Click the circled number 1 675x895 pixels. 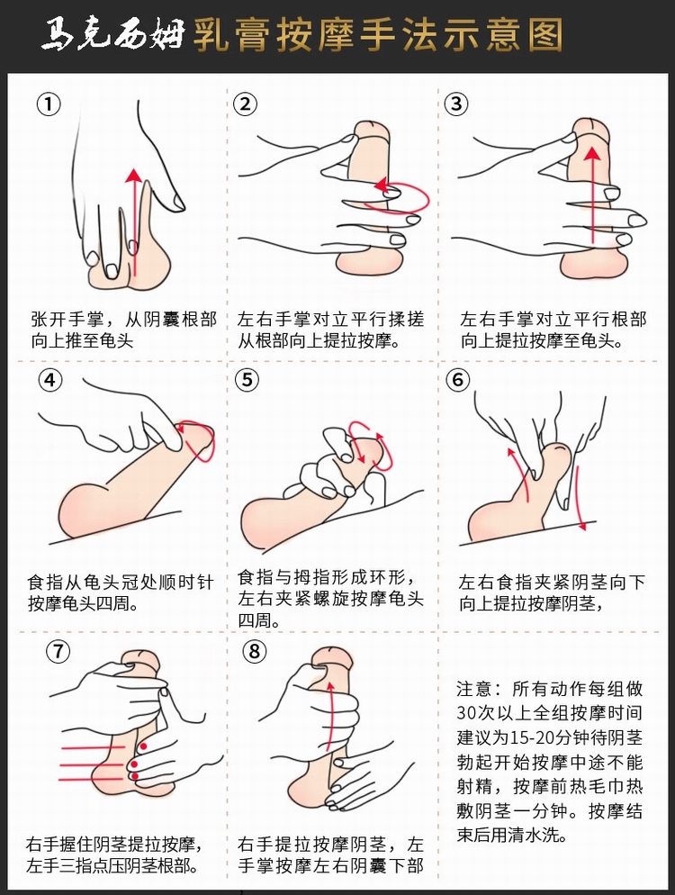[49, 104]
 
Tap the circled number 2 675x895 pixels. [246, 104]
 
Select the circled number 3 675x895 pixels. [456, 104]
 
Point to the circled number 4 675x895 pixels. [50, 380]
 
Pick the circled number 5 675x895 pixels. [247, 380]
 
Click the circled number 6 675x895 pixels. [458, 380]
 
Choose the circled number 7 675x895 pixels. [58, 651]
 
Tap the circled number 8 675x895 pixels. [255, 651]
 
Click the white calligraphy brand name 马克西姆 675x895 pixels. [113, 35]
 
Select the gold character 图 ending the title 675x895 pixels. [544, 35]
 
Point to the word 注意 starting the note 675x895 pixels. [474, 689]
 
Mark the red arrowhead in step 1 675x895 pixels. [134, 176]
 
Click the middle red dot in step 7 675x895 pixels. [134, 764]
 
